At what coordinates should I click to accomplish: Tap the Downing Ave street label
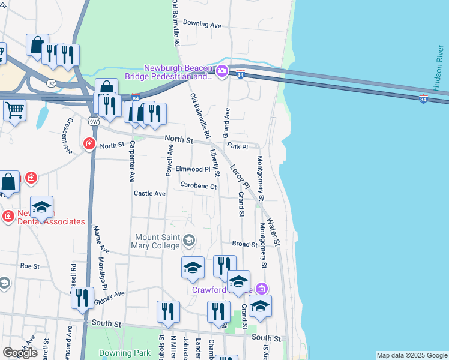(x=202, y=24)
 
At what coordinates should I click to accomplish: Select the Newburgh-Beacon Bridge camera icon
(x=221, y=72)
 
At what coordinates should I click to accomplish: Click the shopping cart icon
(x=14, y=109)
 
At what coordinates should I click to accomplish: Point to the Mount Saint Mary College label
(x=157, y=241)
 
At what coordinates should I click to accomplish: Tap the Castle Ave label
(x=149, y=193)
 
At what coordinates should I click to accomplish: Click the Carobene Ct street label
(x=198, y=186)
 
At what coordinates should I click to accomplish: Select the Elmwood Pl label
(x=193, y=169)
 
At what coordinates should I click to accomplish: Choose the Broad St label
(x=244, y=244)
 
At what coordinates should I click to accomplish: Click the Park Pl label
(x=237, y=146)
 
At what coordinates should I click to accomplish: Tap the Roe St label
(x=29, y=265)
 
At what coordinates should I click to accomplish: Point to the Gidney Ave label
(x=109, y=298)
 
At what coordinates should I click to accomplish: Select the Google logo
(x=20, y=353)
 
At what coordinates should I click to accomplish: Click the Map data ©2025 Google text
(x=412, y=355)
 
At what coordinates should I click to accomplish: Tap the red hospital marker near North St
(x=89, y=144)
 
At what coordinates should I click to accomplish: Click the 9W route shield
(x=92, y=122)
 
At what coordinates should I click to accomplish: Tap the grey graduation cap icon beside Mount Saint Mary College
(x=188, y=241)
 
